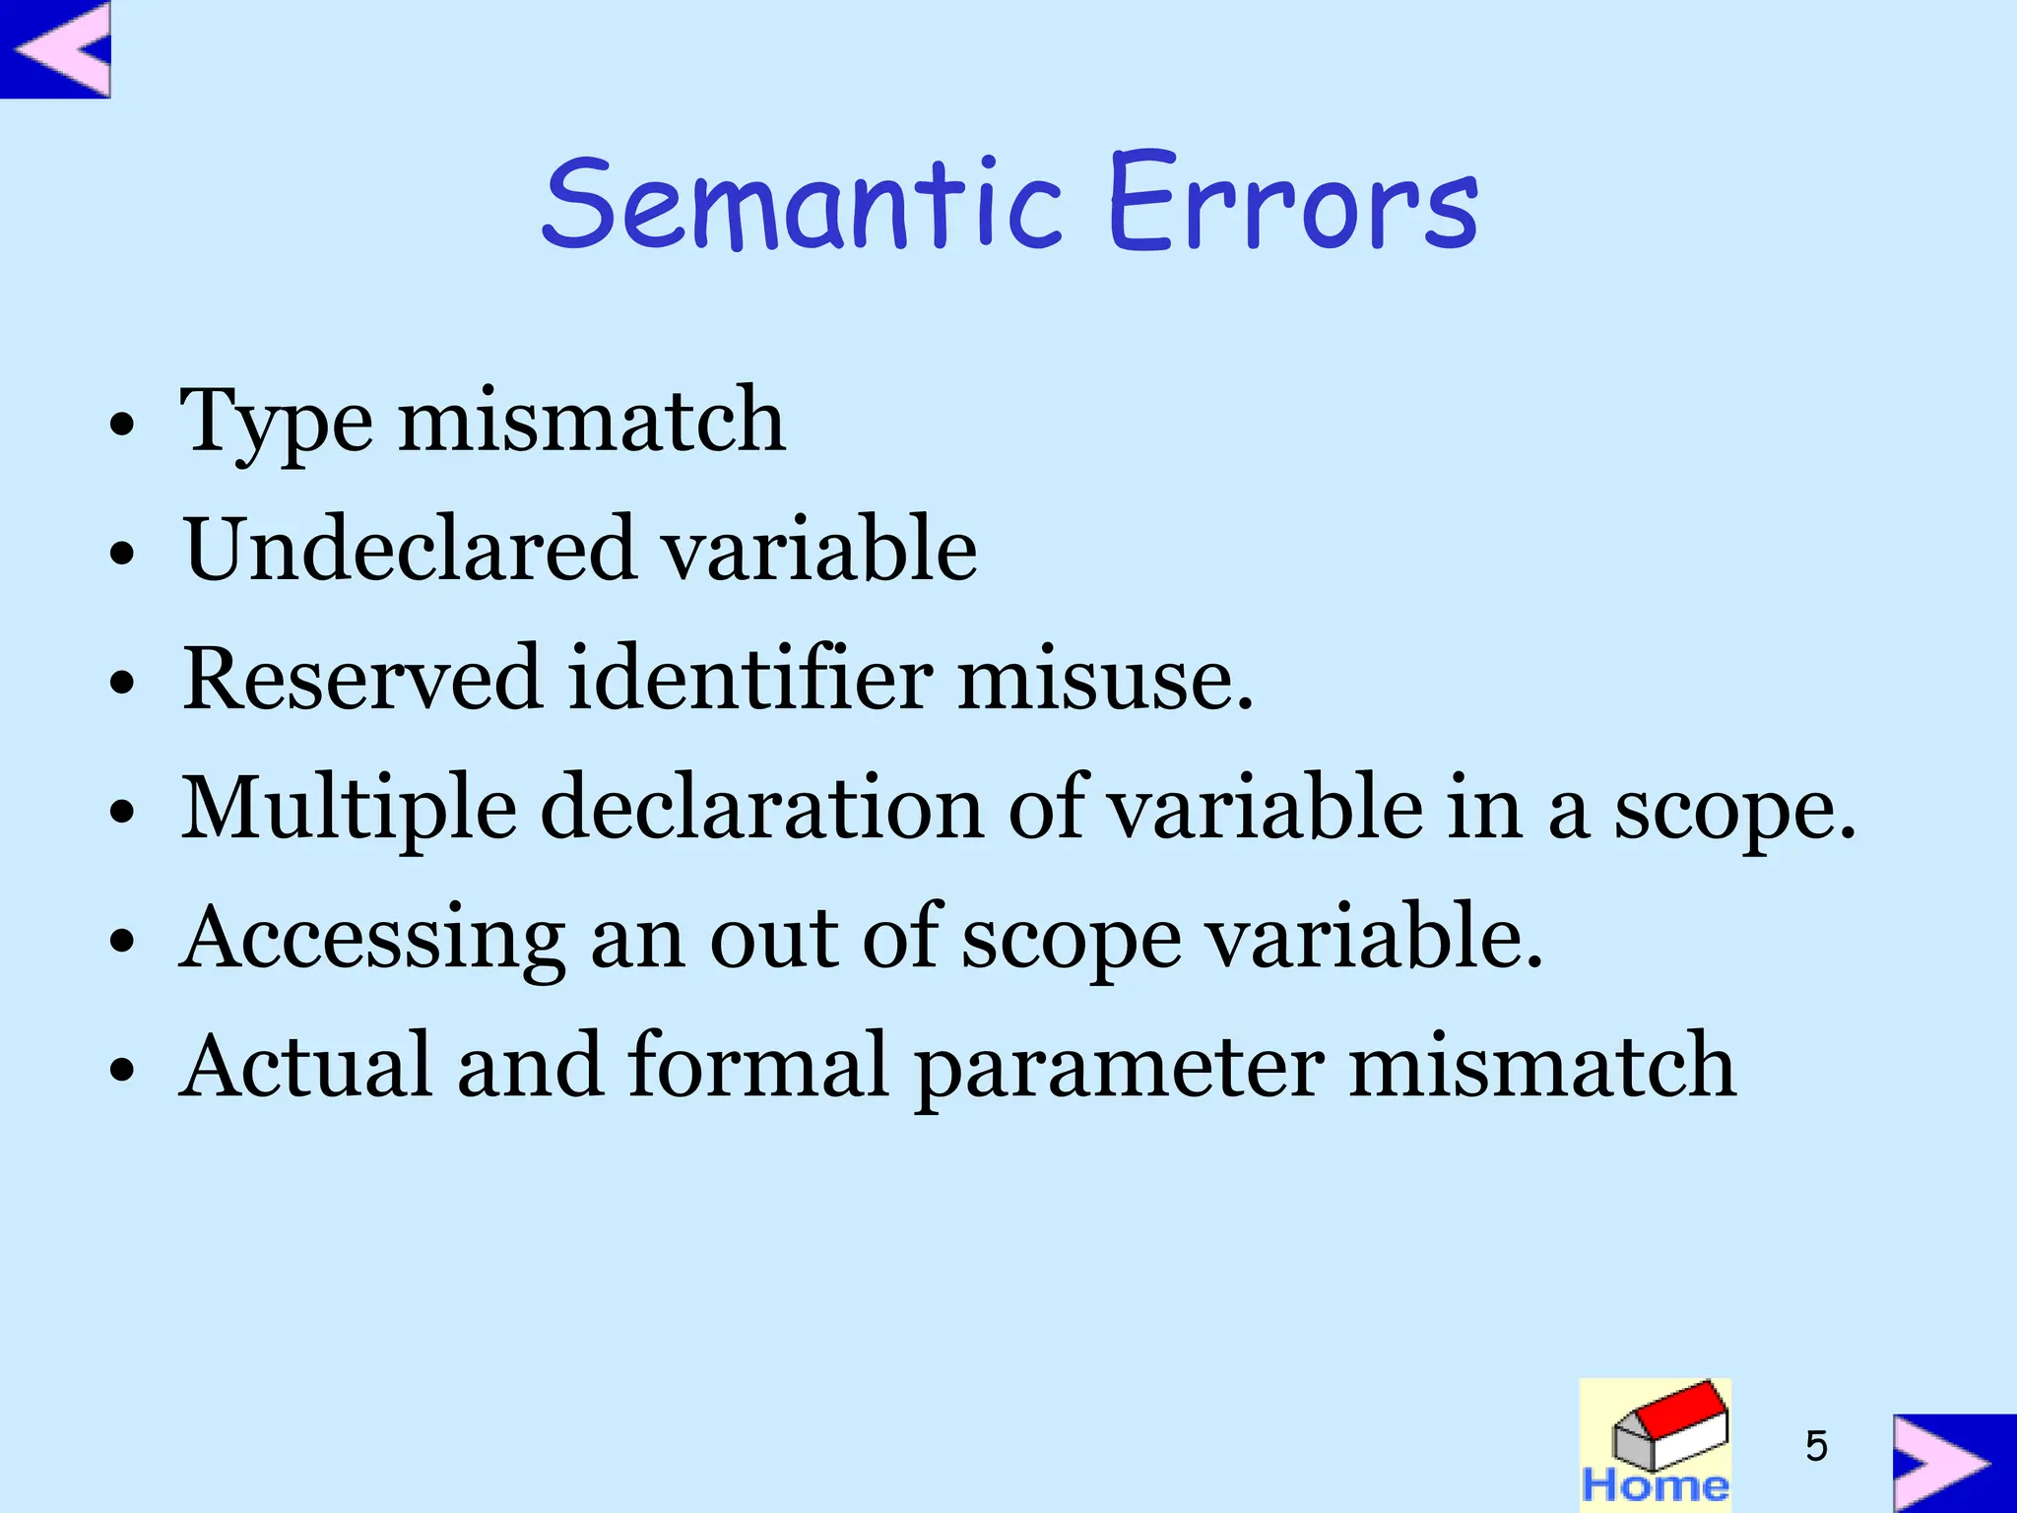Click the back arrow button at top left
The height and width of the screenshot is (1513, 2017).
55,48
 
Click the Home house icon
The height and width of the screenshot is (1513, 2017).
1655,1444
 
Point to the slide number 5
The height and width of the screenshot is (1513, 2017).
1816,1446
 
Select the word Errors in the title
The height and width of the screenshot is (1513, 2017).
1292,204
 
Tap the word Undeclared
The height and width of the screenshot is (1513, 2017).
410,550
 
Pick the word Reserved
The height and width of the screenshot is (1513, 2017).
362,679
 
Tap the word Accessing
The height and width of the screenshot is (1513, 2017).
372,938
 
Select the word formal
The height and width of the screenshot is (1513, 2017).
758,1066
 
